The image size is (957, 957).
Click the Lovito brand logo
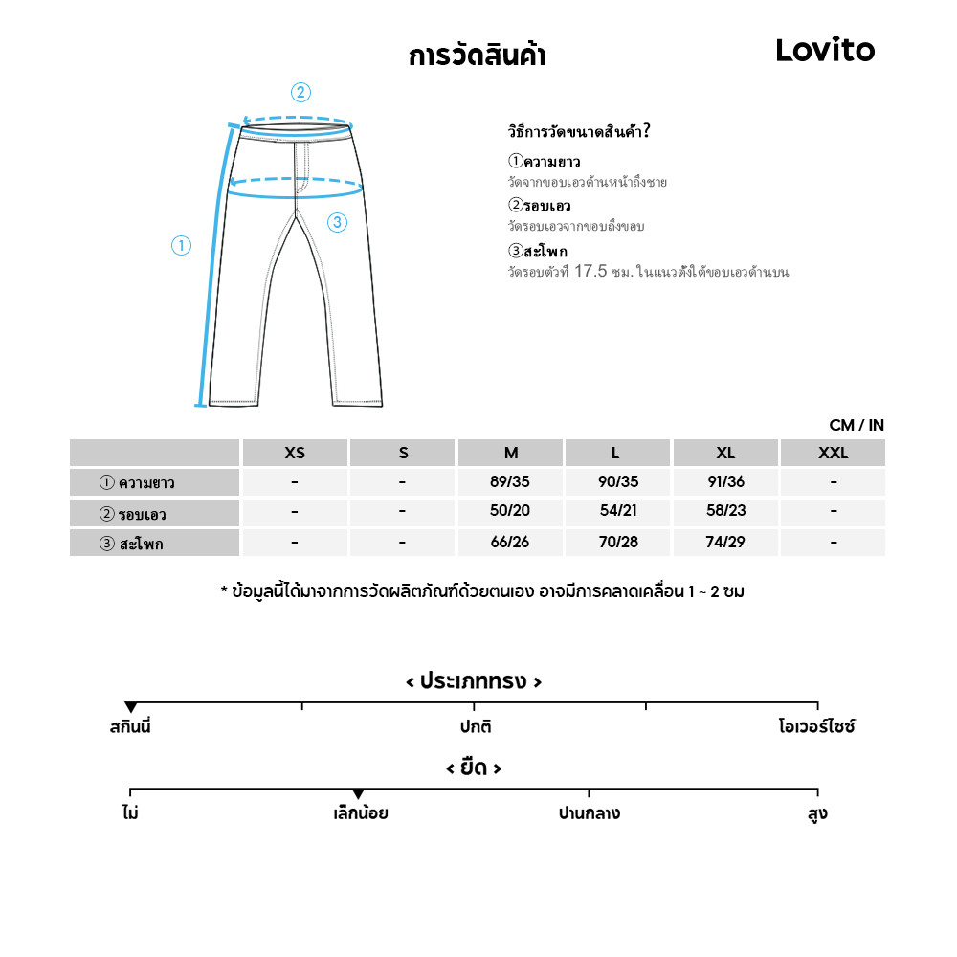coord(825,51)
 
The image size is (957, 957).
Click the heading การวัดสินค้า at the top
coord(477,56)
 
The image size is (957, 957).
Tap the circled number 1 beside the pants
coord(181,246)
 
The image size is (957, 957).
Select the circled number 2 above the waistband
coord(300,93)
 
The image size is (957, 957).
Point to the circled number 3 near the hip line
coord(336,223)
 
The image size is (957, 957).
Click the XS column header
coord(295,454)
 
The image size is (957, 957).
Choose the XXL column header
coord(833,454)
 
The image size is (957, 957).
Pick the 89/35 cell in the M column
coord(510,482)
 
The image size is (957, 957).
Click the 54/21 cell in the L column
coord(617,512)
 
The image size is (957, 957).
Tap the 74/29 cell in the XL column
coord(725,543)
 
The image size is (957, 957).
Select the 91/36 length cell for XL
coord(725,482)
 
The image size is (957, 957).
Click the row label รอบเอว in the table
coord(143,515)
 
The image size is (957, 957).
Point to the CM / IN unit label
coord(857,425)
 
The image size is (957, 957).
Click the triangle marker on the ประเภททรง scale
coord(131,707)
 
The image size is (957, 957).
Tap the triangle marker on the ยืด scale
coord(358,794)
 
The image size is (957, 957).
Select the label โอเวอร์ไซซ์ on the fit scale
coord(816,727)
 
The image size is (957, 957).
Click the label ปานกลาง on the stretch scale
coord(589,814)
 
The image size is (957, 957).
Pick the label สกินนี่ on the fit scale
coord(130,727)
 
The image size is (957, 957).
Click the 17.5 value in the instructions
coord(590,272)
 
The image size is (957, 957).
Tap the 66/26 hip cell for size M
coord(510,543)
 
